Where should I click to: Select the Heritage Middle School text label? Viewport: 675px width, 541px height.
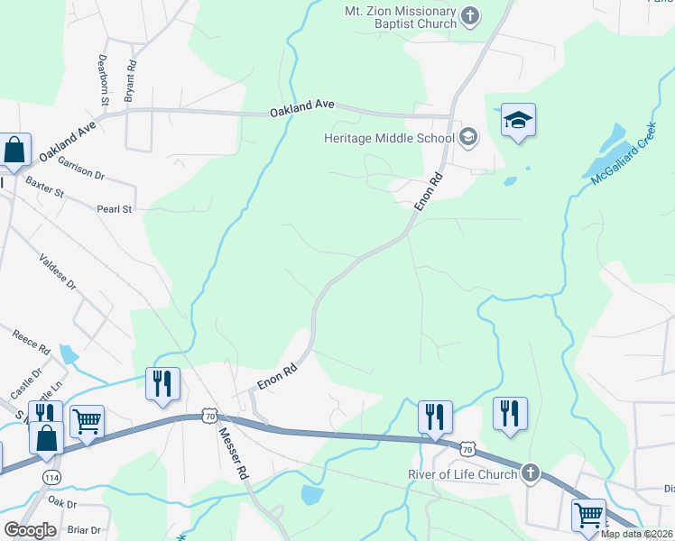coord(390,138)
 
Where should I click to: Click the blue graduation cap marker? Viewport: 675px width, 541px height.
coord(518,119)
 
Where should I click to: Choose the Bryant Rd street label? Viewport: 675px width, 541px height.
coord(130,80)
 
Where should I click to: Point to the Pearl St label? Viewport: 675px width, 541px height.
coord(115,209)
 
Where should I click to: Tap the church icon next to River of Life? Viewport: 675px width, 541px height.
coord(531,472)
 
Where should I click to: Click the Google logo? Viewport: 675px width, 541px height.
coord(30,530)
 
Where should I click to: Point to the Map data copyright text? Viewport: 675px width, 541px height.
coord(636,534)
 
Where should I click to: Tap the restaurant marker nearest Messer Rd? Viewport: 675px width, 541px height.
coord(162,383)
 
